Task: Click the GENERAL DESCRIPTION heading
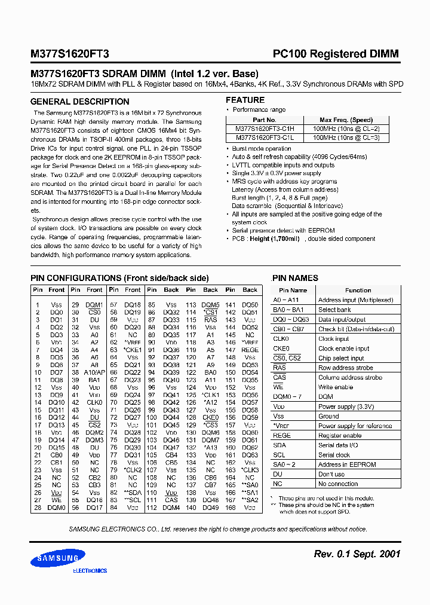coord(71,102)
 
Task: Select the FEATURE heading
coord(245,100)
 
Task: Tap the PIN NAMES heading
coord(296,278)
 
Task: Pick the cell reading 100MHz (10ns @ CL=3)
coord(346,138)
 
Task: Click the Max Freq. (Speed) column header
coord(346,120)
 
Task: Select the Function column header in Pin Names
coord(358,290)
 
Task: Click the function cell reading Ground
coord(328,416)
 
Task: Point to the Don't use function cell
coord(331,474)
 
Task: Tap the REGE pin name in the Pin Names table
coord(282,435)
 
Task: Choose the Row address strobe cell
coord(345,368)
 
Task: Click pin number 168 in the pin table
coord(231,508)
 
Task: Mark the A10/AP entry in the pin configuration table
coord(95,372)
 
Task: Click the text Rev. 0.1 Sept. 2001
coord(357,554)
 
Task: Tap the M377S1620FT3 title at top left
coord(70,54)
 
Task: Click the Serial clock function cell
coord(334,455)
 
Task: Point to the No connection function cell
coord(338,484)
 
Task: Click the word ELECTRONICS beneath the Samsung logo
coord(90,571)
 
